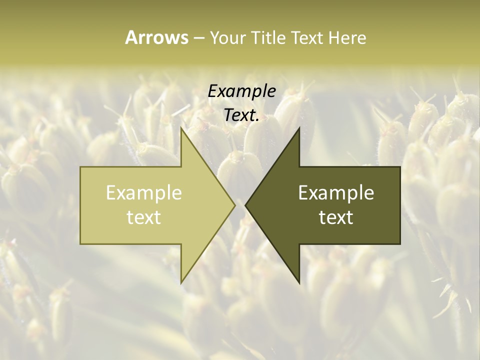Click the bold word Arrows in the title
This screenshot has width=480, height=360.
click(156, 37)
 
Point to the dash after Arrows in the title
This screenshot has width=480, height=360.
click(198, 38)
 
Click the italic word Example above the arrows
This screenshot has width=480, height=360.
click(241, 91)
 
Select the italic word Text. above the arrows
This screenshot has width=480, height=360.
click(241, 115)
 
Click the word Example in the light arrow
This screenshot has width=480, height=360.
click(143, 192)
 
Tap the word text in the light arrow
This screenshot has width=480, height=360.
click(143, 217)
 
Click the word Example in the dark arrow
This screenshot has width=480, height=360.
click(336, 192)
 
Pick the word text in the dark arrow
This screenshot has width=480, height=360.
click(336, 217)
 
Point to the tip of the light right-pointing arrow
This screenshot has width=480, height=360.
click(235, 205)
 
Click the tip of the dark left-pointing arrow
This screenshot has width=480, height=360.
click(245, 205)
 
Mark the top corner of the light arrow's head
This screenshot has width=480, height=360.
click(180, 127)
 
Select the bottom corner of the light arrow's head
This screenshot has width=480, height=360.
click(180, 283)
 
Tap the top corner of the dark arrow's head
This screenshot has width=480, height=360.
click(299, 127)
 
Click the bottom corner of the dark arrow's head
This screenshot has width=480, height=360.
click(299, 283)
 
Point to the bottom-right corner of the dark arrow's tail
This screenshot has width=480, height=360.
click(400, 244)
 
